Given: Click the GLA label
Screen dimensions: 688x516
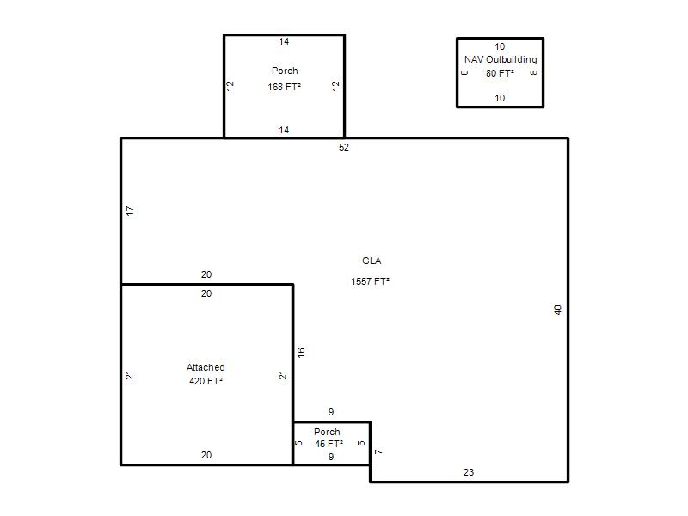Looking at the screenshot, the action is [x=372, y=261].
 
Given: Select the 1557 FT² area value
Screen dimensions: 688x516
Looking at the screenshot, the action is [x=371, y=281].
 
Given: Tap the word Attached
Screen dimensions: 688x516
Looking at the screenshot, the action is [x=206, y=367].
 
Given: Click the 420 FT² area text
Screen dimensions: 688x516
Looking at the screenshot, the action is [x=206, y=381].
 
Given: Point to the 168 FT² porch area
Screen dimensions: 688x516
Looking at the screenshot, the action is [x=285, y=87].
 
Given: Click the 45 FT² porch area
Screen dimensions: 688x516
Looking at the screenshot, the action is [x=329, y=444].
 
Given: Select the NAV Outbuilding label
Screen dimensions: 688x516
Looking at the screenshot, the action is [x=501, y=59].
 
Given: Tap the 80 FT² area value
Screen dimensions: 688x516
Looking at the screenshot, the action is [x=500, y=73].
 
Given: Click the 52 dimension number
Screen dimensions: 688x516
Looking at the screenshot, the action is [x=343, y=147].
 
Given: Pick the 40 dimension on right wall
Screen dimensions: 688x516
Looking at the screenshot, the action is [x=557, y=310].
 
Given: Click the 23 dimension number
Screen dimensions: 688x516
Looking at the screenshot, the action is [x=469, y=472].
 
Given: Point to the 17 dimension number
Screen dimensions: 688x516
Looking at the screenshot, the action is [x=130, y=211].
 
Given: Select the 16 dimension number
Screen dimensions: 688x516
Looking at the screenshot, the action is [x=301, y=353].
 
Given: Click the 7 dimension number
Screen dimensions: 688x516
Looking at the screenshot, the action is [x=378, y=452].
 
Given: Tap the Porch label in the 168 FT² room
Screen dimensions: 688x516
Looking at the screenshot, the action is [x=285, y=71].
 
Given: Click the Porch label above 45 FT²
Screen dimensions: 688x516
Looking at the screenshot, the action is [x=327, y=432].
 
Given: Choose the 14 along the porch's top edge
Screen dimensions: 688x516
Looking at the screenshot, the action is [x=284, y=41].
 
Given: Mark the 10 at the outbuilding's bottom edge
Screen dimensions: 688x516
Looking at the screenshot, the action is [x=500, y=98].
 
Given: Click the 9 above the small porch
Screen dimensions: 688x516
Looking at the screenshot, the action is [x=331, y=412].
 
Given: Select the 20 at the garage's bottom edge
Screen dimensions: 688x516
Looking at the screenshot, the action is [x=206, y=455].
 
